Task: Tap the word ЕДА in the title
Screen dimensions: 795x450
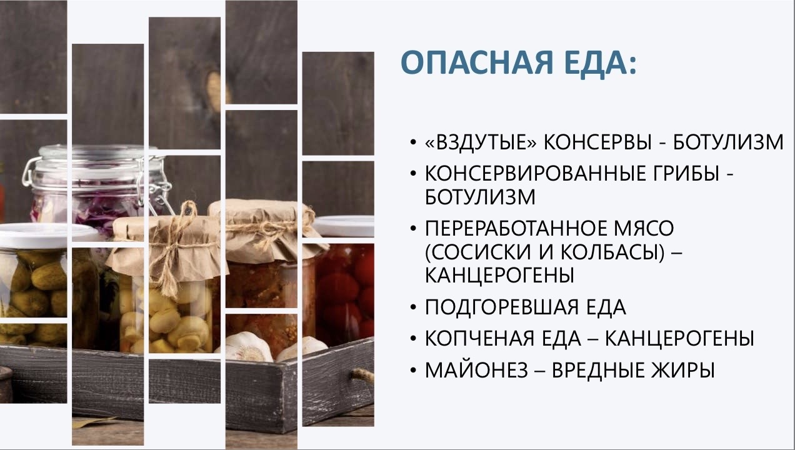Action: [597, 64]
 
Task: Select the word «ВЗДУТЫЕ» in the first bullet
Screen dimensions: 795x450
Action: [481, 142]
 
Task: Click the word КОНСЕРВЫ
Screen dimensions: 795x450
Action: [597, 142]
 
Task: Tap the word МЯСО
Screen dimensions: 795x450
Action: [644, 228]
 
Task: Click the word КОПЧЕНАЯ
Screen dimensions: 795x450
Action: [479, 338]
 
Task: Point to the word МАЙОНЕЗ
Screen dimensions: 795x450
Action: [476, 370]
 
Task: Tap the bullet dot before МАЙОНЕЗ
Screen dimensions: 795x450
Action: [412, 371]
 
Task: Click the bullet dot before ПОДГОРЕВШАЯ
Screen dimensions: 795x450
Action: [412, 307]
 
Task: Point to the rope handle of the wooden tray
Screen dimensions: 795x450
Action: [362, 374]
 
